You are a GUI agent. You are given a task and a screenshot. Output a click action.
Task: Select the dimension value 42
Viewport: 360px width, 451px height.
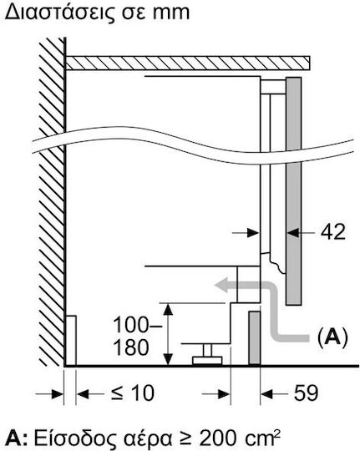pyautogui.click(x=333, y=232)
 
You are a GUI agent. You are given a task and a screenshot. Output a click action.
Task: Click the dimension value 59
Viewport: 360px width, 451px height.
pyautogui.click(x=306, y=393)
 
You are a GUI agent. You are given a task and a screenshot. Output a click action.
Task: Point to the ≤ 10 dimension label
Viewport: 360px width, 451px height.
pyautogui.click(x=133, y=393)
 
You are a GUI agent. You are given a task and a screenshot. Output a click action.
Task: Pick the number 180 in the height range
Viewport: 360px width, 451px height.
pyautogui.click(x=131, y=347)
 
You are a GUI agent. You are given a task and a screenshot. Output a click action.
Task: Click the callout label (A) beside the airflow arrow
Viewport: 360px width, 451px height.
pyautogui.click(x=332, y=337)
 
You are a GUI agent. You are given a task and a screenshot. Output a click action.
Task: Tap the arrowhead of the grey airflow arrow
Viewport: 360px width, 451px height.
pyautogui.click(x=222, y=285)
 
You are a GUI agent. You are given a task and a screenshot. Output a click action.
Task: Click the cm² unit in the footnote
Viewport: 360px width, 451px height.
pyautogui.click(x=262, y=438)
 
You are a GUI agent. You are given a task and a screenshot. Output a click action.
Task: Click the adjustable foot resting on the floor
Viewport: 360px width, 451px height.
pyautogui.click(x=207, y=356)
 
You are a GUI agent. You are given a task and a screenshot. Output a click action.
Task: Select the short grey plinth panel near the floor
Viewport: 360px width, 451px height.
pyautogui.click(x=255, y=337)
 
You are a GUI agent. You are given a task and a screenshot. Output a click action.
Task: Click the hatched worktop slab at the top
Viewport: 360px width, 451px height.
pyautogui.click(x=188, y=63)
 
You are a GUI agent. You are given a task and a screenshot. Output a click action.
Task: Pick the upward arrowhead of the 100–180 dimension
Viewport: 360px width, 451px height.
pyautogui.click(x=168, y=309)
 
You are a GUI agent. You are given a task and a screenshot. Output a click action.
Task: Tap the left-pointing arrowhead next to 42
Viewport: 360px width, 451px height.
pyautogui.click(x=293, y=233)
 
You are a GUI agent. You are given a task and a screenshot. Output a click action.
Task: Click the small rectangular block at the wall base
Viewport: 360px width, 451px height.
pyautogui.click(x=71, y=340)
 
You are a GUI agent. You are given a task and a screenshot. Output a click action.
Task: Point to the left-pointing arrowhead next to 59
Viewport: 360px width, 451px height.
pyautogui.click(x=266, y=393)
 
